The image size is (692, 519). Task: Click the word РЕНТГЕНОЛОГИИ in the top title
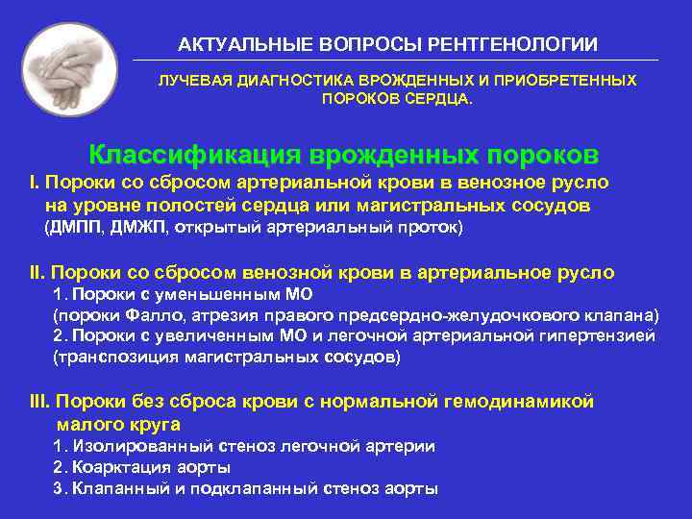(x=519, y=45)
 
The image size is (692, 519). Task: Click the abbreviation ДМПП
(x=74, y=228)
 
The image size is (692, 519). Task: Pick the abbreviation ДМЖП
(x=138, y=228)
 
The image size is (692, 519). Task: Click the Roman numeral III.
(x=40, y=402)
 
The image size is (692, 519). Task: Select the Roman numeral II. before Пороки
(x=37, y=273)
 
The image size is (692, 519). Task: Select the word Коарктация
(x=118, y=467)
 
